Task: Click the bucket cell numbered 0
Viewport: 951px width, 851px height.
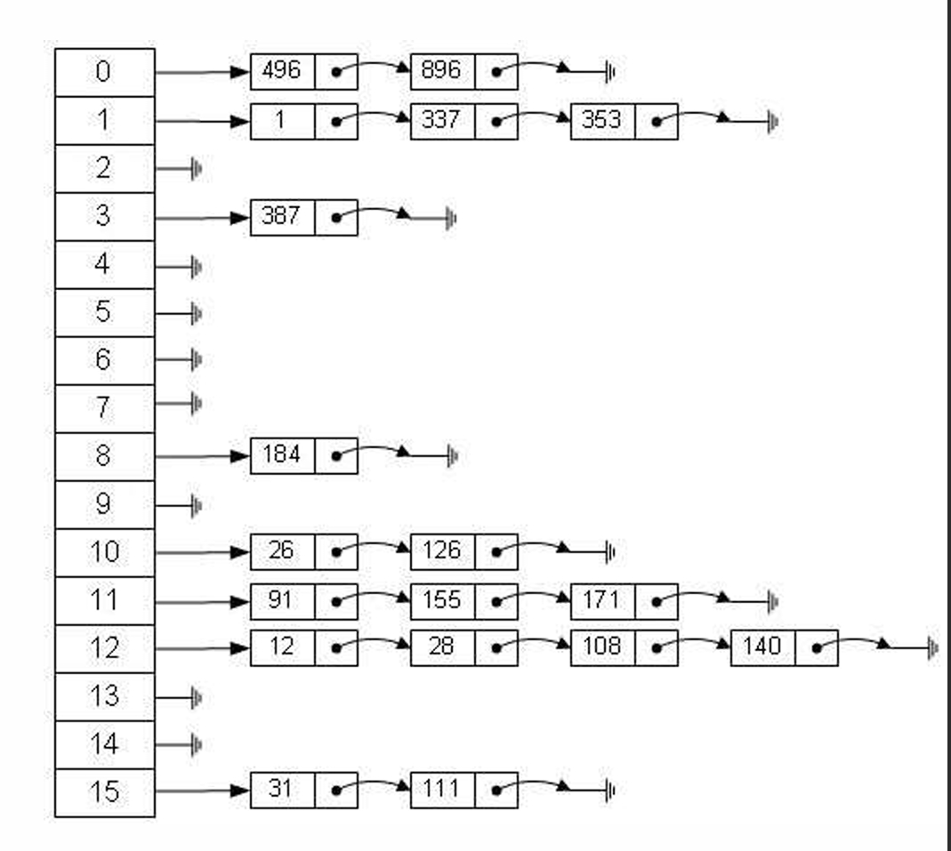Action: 104,72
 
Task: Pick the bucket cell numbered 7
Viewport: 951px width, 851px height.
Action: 104,408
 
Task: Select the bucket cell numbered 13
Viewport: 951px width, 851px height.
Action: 104,696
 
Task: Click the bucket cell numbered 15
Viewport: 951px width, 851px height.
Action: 104,792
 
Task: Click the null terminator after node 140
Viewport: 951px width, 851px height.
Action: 932,648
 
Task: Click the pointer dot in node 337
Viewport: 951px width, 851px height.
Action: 496,122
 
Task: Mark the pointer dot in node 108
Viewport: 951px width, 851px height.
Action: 657,648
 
